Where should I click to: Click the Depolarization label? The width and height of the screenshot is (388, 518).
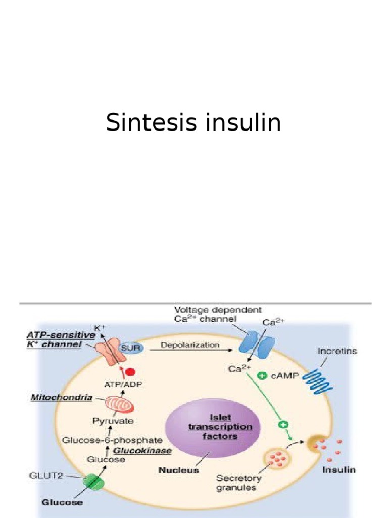pyautogui.click(x=190, y=346)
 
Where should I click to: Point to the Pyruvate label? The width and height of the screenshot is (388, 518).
pyautogui.click(x=113, y=421)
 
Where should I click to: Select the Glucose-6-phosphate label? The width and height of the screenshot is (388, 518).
pyautogui.click(x=112, y=440)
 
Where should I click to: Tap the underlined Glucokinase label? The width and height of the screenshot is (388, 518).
pyautogui.click(x=142, y=450)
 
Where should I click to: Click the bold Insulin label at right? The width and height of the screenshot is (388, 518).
pyautogui.click(x=339, y=470)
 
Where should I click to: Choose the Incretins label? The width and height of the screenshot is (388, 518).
pyautogui.click(x=337, y=351)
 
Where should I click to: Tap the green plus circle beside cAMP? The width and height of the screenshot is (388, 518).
pyautogui.click(x=262, y=376)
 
